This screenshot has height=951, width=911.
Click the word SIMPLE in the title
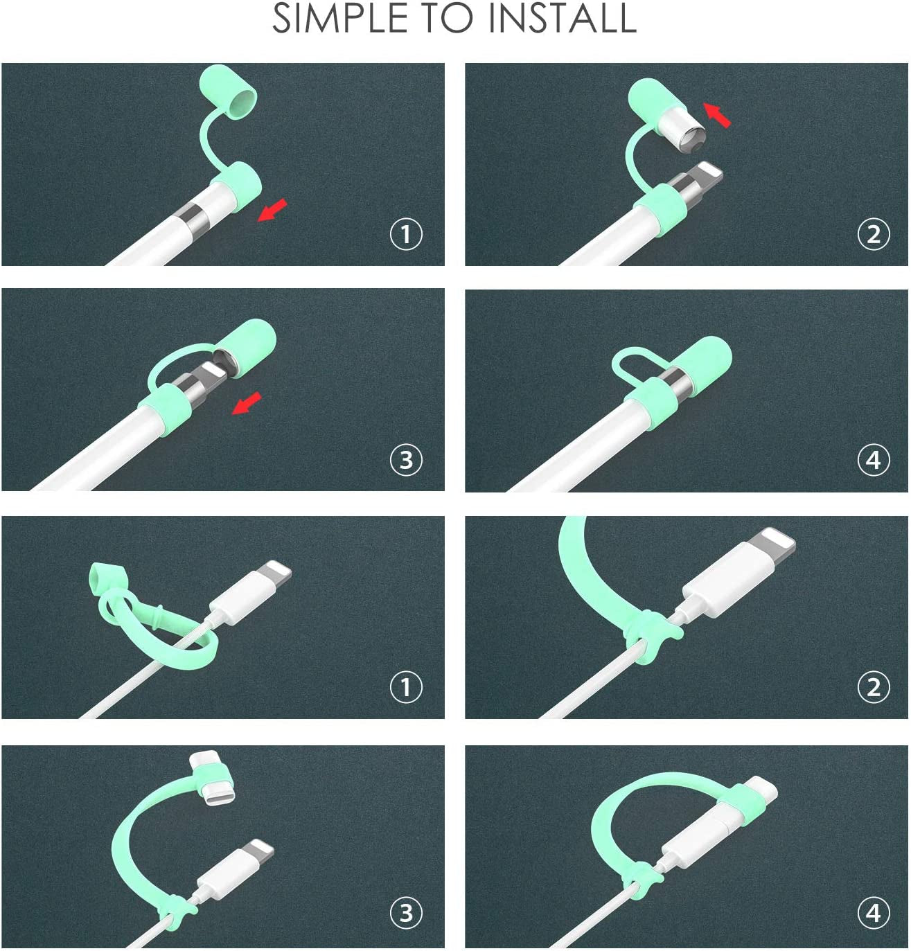pyautogui.click(x=339, y=18)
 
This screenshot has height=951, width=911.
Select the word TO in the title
pyautogui.click(x=448, y=18)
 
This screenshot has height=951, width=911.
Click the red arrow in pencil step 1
pyautogui.click(x=272, y=210)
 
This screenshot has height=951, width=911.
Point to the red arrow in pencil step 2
pyautogui.click(x=717, y=116)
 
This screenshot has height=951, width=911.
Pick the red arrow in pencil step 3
pyautogui.click(x=247, y=403)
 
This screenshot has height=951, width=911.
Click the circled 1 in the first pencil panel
pyautogui.click(x=406, y=235)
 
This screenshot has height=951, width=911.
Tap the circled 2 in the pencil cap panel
pyautogui.click(x=874, y=235)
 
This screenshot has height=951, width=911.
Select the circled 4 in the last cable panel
pyautogui.click(x=874, y=913)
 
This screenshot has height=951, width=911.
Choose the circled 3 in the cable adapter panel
pyautogui.click(x=406, y=913)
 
